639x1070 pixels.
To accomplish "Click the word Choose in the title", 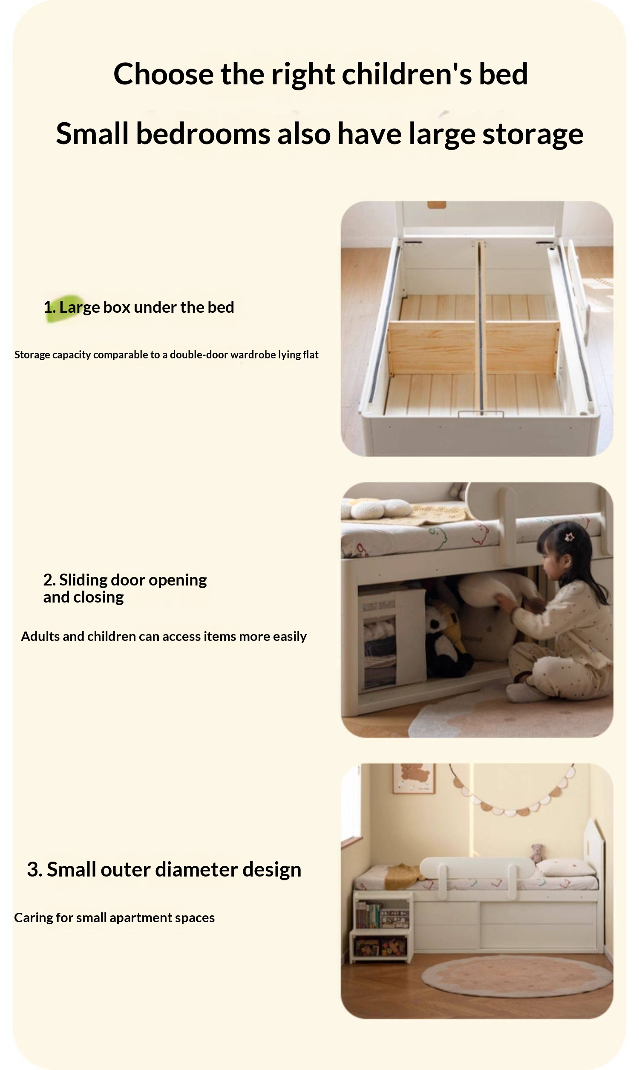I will tap(163, 74).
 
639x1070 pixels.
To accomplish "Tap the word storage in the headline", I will tap(532, 133).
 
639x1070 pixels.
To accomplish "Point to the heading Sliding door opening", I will tap(125, 580).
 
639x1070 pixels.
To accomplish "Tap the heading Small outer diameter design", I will tap(164, 869).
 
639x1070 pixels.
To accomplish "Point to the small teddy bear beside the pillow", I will tap(536, 853).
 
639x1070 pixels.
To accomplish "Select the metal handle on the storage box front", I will tap(481, 414).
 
